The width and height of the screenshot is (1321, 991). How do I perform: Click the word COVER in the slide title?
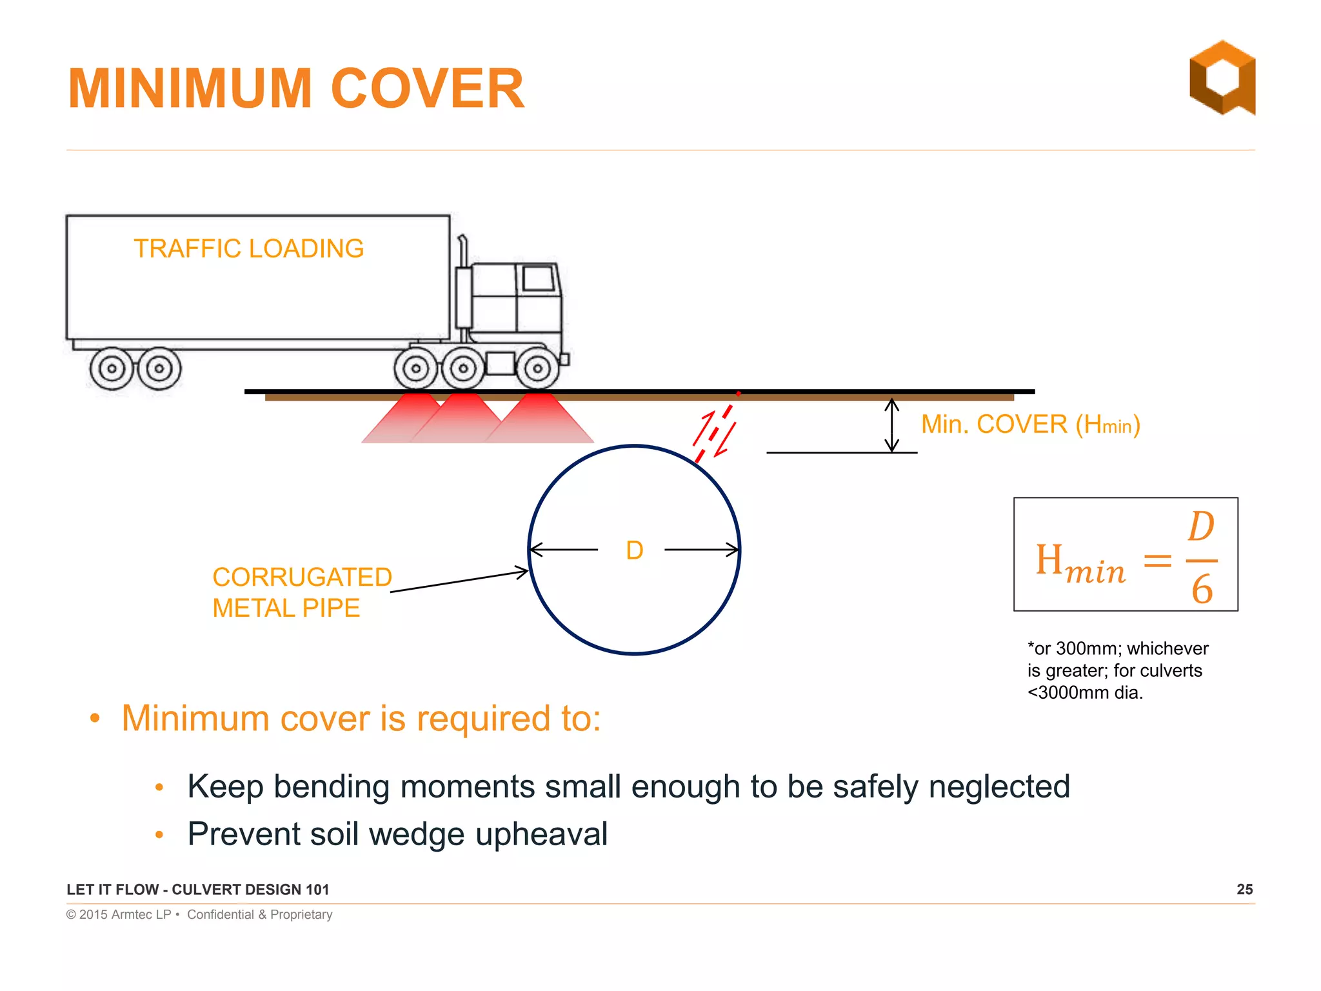[x=427, y=88]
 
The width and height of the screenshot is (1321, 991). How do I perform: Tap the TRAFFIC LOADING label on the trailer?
[x=248, y=248]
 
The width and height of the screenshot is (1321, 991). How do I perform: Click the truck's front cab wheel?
[x=537, y=368]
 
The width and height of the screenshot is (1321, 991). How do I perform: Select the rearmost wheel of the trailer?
[x=112, y=368]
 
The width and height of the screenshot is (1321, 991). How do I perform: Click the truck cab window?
[x=537, y=279]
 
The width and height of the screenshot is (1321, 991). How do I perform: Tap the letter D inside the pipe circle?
[x=635, y=550]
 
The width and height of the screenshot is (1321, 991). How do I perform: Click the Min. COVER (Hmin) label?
[x=1030, y=425]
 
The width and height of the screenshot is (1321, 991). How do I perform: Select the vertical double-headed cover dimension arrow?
[x=891, y=425]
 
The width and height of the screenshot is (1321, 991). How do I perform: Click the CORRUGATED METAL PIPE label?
[x=301, y=592]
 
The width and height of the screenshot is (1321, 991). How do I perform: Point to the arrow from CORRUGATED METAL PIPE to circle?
[x=459, y=581]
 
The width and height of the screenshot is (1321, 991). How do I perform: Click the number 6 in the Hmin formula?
[x=1202, y=589]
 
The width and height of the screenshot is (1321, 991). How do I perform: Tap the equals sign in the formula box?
[x=1157, y=559]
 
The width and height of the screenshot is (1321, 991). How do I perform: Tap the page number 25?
[x=1244, y=889]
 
